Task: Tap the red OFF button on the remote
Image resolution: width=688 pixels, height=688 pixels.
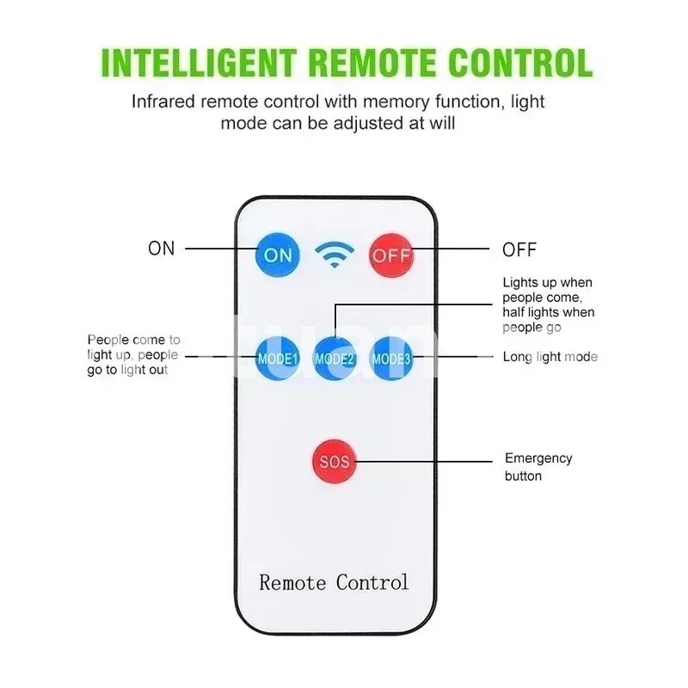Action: point(391,255)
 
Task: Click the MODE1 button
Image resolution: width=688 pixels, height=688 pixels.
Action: point(277,358)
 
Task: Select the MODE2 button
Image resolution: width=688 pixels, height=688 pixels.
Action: point(335,358)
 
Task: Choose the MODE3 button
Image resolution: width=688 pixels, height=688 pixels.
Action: point(391,358)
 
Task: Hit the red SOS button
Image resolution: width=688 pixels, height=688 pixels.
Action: point(335,461)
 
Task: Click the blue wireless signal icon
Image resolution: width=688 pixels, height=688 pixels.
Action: point(335,255)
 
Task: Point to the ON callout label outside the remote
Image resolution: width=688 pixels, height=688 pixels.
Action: point(162,249)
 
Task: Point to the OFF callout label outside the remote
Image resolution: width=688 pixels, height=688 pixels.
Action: point(519,249)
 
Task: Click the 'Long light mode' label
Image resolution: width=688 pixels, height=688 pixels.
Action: point(550,357)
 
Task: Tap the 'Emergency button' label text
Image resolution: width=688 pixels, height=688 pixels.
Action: point(538,467)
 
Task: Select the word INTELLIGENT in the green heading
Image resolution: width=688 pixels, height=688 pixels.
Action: point(199,63)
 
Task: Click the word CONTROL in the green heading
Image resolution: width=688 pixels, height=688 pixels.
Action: point(520,63)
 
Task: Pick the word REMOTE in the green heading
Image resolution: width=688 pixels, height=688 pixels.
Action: point(372,63)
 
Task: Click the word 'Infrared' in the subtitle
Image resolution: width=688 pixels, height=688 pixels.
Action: point(163,101)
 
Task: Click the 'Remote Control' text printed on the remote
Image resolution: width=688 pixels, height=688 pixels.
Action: point(334,582)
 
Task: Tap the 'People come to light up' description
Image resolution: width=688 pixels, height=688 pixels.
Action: point(133,354)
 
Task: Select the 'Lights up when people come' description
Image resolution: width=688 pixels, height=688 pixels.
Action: point(549,304)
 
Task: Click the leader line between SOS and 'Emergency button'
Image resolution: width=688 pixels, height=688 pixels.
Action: point(424,462)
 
